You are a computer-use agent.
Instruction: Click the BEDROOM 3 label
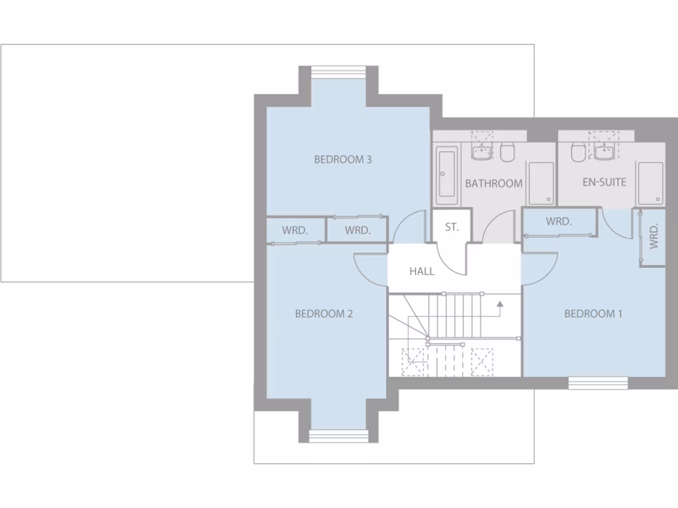[343, 159]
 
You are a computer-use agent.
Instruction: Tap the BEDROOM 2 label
[324, 314]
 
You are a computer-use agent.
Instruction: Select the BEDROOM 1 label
[593, 314]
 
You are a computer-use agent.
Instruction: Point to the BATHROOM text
[493, 183]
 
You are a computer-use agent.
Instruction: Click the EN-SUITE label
[604, 182]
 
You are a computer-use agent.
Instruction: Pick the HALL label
[422, 271]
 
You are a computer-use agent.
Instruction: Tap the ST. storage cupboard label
[452, 227]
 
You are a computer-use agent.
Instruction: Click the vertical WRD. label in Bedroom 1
[654, 236]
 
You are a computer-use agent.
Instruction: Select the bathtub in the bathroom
[447, 175]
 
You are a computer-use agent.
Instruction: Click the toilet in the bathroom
[508, 153]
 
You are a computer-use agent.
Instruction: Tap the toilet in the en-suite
[578, 153]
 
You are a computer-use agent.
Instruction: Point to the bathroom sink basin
[481, 153]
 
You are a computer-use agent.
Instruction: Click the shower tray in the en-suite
[650, 183]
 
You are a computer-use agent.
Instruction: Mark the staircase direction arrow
[501, 305]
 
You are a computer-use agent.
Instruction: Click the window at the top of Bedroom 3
[339, 71]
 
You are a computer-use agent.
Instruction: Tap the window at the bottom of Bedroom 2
[338, 435]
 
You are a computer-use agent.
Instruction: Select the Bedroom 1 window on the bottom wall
[598, 382]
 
